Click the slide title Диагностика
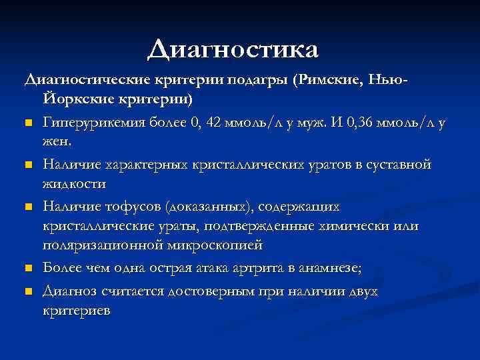click(233, 48)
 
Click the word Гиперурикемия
click(89, 123)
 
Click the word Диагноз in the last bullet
click(70, 291)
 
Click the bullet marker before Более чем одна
click(29, 269)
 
